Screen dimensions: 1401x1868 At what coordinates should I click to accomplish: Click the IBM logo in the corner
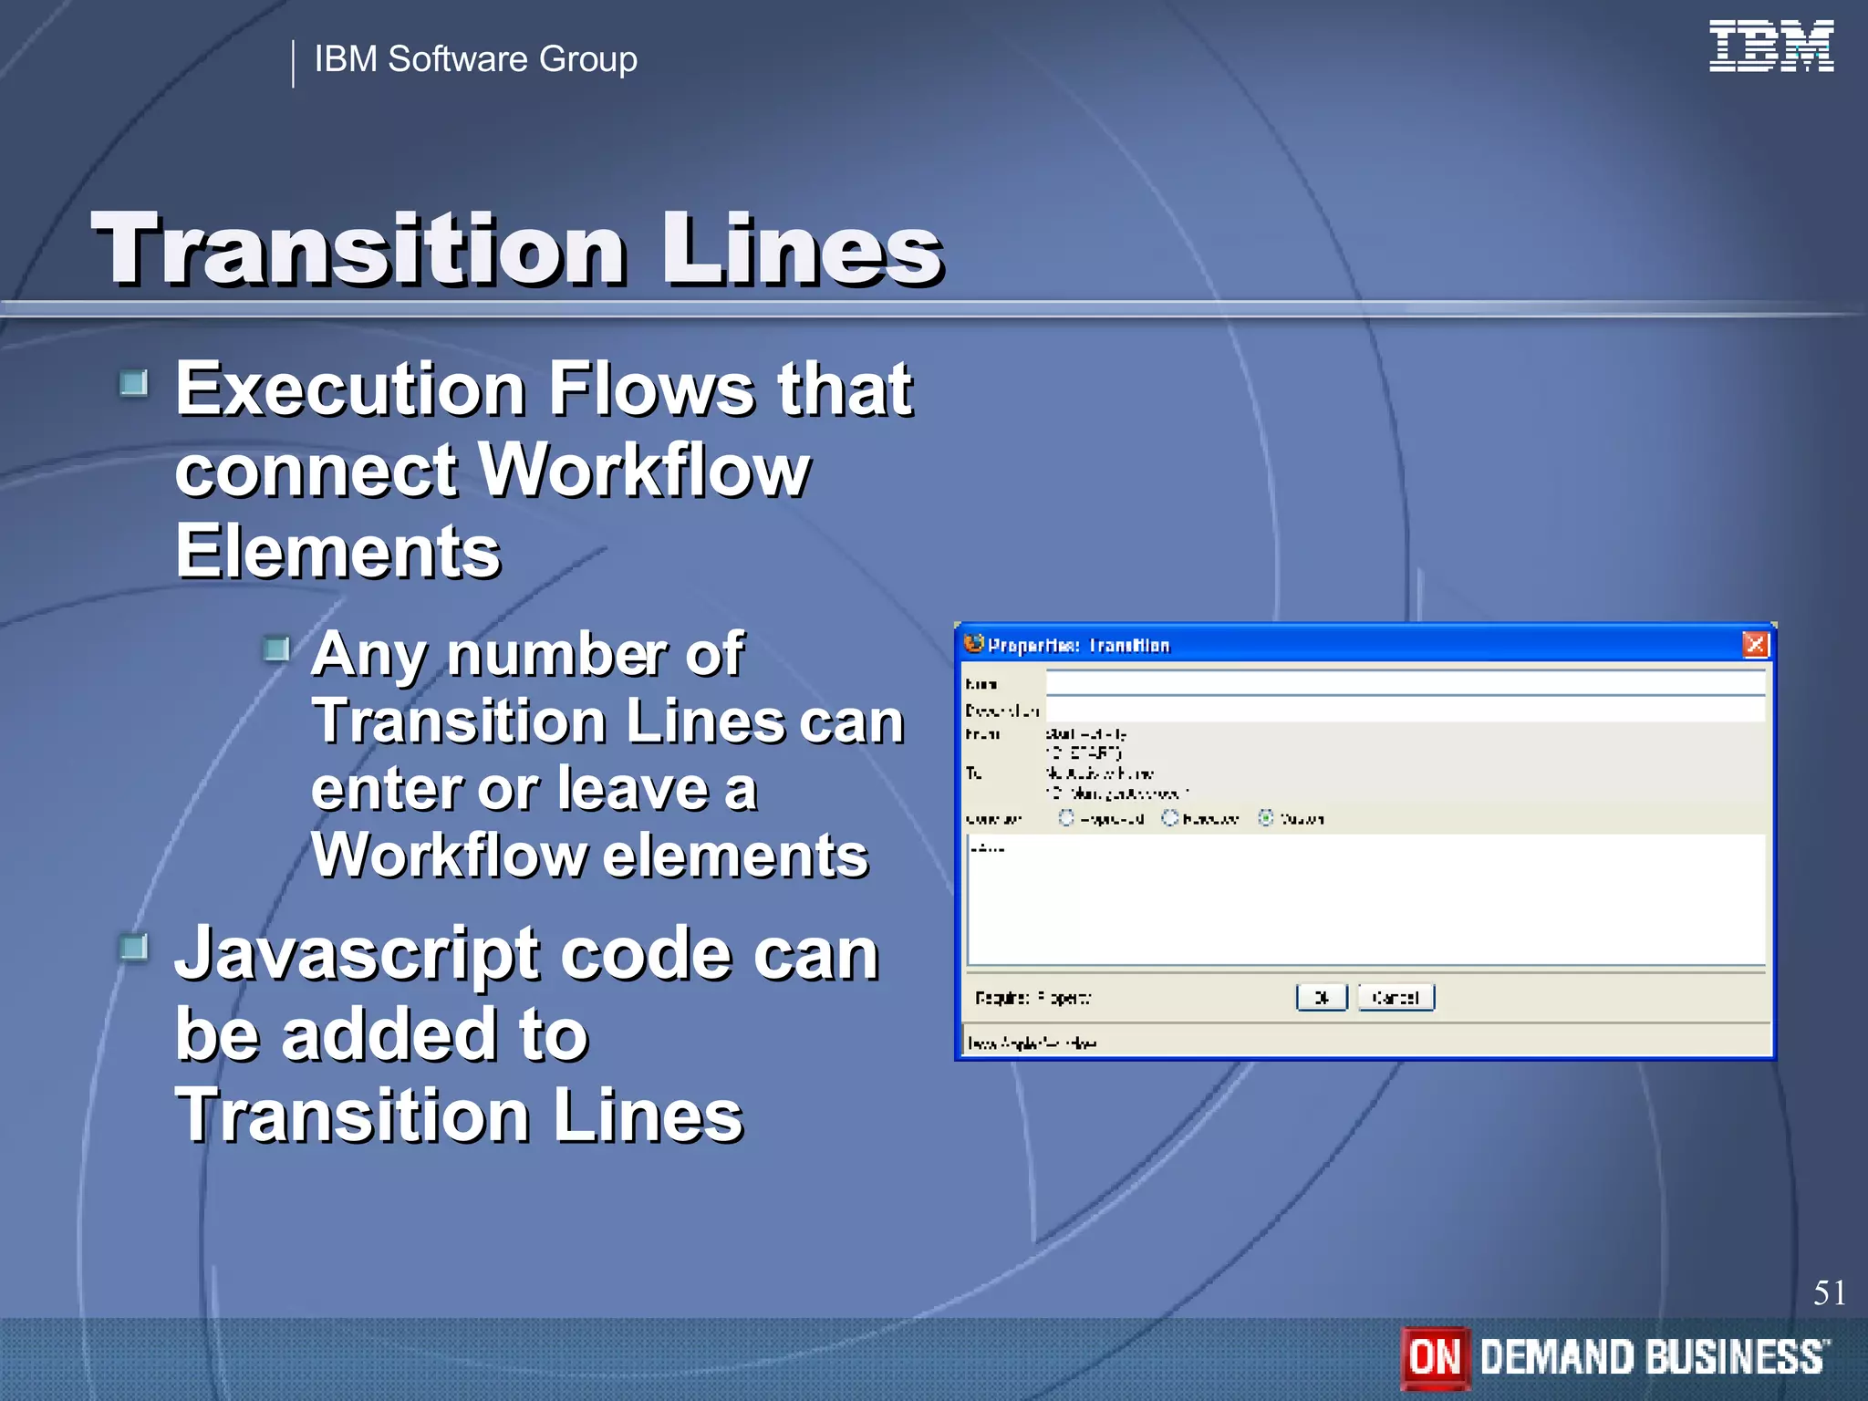click(1770, 47)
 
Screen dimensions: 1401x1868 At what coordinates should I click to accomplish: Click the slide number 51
click(1829, 1292)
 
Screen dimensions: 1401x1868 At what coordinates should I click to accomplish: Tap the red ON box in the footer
click(1435, 1357)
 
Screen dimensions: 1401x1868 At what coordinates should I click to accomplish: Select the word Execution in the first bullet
click(350, 389)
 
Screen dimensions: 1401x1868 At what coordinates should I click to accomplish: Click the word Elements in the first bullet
click(337, 552)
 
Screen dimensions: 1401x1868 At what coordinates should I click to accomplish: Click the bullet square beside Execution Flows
click(134, 383)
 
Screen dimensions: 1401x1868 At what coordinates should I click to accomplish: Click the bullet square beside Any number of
click(275, 649)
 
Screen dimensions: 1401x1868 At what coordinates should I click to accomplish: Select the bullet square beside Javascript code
click(134, 948)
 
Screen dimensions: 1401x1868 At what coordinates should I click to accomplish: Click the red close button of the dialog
click(1755, 645)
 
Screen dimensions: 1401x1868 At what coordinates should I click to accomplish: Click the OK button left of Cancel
click(1321, 998)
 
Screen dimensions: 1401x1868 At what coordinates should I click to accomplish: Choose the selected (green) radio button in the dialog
click(1266, 818)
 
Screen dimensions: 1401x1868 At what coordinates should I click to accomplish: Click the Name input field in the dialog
click(1405, 683)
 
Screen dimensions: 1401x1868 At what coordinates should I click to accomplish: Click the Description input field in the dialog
click(1405, 710)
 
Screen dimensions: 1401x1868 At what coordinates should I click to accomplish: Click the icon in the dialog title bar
click(973, 644)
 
